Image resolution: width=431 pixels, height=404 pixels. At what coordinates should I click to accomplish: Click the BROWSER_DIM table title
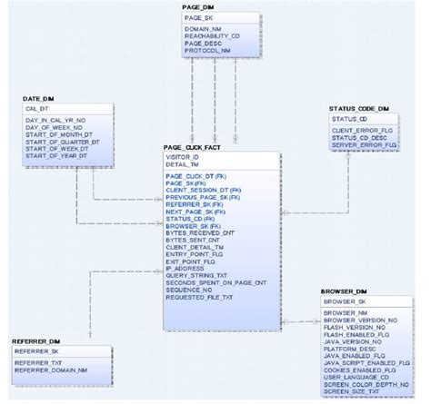click(343, 291)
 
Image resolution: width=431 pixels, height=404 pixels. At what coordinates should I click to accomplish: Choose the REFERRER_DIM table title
click(35, 340)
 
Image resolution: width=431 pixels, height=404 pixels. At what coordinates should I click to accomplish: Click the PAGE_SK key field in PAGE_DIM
click(199, 17)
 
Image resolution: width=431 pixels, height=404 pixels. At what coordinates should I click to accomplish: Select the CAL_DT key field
click(40, 107)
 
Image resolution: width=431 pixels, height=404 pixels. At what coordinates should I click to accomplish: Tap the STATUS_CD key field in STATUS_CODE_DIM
click(350, 118)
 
